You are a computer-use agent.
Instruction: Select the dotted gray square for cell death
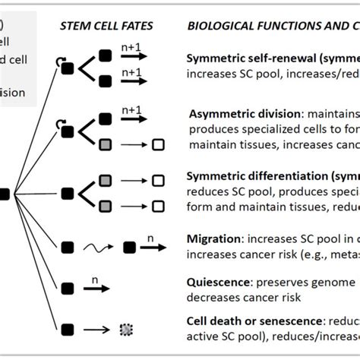point(125,330)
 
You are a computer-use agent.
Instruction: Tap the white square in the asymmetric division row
point(159,144)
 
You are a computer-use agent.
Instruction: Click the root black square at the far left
point(5,194)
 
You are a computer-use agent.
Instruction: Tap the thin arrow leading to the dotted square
point(96,330)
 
